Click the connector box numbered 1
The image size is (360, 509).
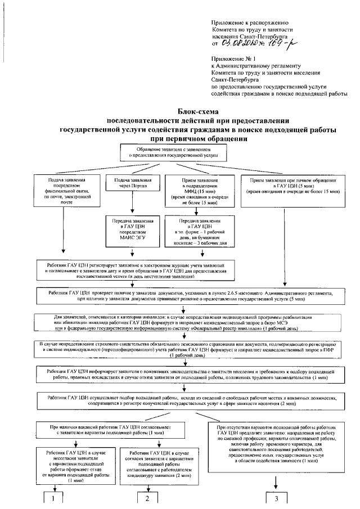point(53,498)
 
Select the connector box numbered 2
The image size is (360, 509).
point(148,498)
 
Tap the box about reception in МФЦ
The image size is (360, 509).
point(196,191)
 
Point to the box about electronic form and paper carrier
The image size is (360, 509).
point(196,230)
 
